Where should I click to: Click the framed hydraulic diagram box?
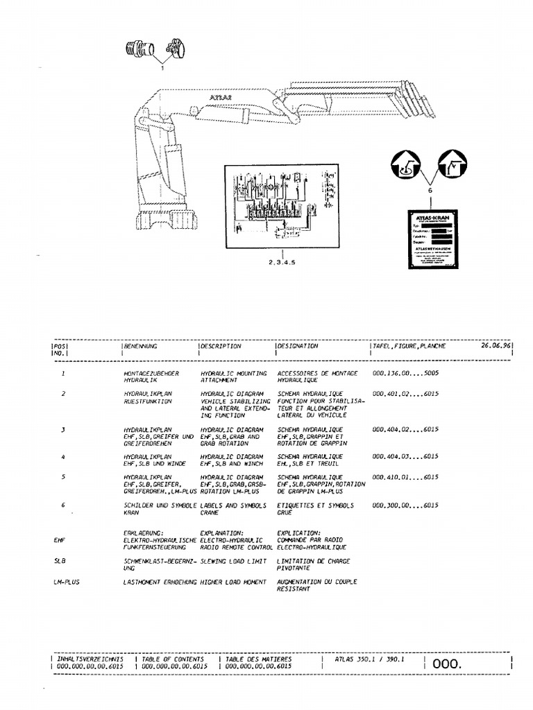tap(281, 205)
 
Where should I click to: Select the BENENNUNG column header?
tap(141, 345)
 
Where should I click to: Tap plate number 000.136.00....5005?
tap(405, 373)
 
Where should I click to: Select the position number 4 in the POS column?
tap(63, 456)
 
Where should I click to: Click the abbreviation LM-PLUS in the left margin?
tap(67, 582)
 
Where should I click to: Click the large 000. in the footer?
tap(446, 664)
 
